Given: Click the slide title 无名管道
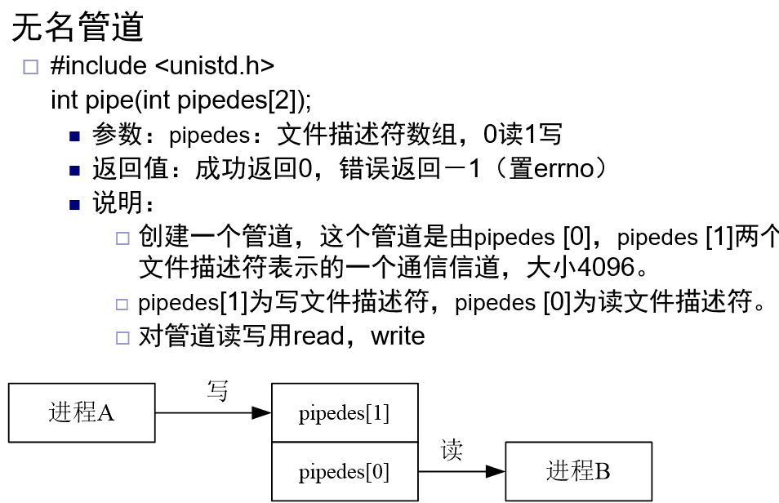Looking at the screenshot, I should pyautogui.click(x=78, y=28).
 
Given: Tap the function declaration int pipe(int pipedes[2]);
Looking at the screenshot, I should pyautogui.click(x=181, y=100).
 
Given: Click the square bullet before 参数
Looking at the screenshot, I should pyautogui.click(x=76, y=136).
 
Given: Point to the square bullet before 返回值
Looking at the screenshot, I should pyautogui.click(x=76, y=171).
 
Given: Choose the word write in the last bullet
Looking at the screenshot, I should pyautogui.click(x=398, y=336).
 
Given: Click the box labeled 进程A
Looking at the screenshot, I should pyautogui.click(x=82, y=413).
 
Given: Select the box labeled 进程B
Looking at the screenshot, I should pyautogui.click(x=578, y=471).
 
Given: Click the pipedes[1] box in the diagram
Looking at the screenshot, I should pyautogui.click(x=344, y=413).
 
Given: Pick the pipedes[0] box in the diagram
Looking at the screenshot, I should pyautogui.click(x=344, y=471).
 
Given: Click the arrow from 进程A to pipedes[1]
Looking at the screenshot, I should pyautogui.click(x=212, y=413).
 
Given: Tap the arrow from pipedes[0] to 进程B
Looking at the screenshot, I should pyautogui.click(x=461, y=471).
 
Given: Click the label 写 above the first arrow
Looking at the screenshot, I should pyautogui.click(x=217, y=391).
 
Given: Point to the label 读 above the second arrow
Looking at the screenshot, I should pyautogui.click(x=452, y=450).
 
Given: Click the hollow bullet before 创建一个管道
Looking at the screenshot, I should pyautogui.click(x=122, y=239).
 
